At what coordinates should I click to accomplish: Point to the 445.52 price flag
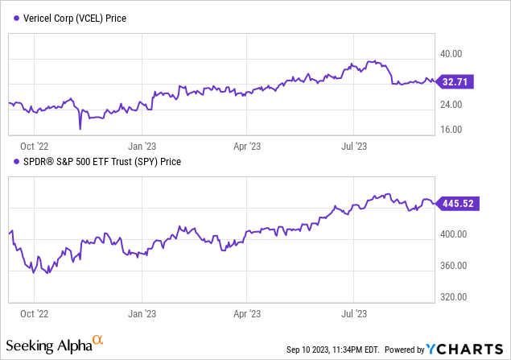click(x=459, y=205)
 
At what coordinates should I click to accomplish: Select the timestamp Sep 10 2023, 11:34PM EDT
click(x=332, y=350)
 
